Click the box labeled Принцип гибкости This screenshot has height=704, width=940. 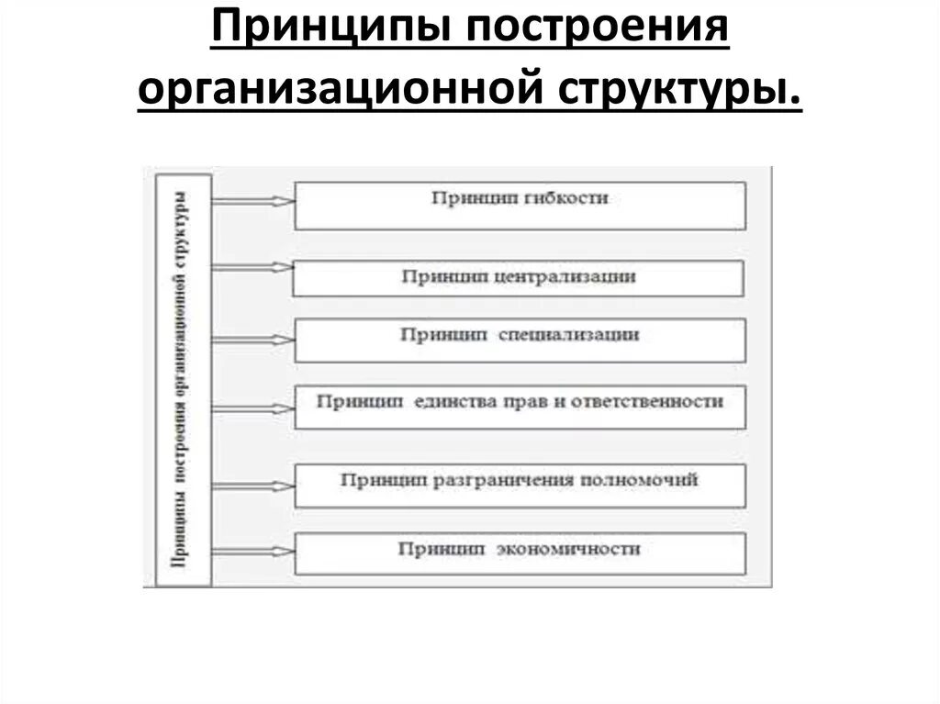[x=520, y=206]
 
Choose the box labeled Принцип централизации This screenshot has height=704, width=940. [x=518, y=278]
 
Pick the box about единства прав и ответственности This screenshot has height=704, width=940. [x=520, y=408]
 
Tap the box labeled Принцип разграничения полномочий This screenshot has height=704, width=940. [x=520, y=486]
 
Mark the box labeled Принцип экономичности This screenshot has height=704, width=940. [x=520, y=553]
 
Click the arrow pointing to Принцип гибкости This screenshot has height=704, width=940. [x=252, y=200]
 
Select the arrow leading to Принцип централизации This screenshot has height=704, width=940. [x=252, y=267]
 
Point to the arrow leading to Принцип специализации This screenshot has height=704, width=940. [x=252, y=338]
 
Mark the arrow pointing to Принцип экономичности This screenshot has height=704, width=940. [x=252, y=549]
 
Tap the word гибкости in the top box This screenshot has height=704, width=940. [x=574, y=197]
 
